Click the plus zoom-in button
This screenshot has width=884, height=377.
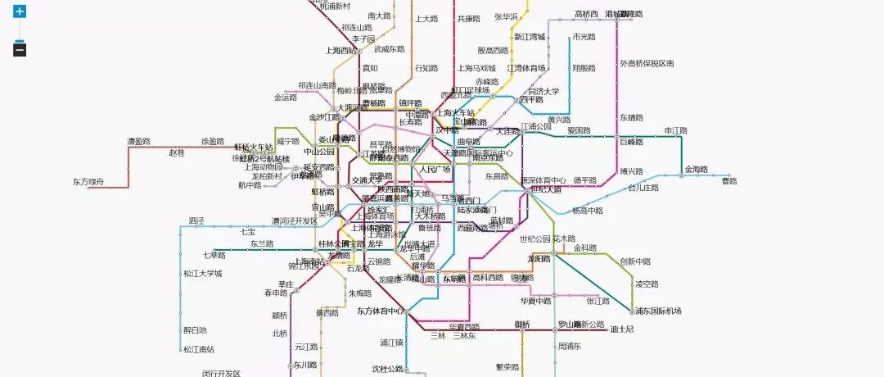(x=20, y=12)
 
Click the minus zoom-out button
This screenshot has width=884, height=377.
(x=20, y=50)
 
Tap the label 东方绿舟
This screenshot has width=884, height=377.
(x=88, y=182)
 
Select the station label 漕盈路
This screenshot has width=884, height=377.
(x=138, y=142)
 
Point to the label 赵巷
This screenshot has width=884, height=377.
(x=177, y=152)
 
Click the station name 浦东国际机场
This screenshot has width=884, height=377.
(x=657, y=311)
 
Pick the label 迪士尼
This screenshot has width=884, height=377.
(x=622, y=329)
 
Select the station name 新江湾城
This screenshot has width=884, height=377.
(x=530, y=37)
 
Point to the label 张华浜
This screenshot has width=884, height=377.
(x=511, y=17)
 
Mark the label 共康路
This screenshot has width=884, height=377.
(x=469, y=19)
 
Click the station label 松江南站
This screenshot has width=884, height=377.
(x=198, y=350)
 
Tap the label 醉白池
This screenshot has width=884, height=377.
(x=195, y=329)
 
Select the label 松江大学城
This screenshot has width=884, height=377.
(x=202, y=273)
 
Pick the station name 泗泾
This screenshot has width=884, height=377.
(x=195, y=220)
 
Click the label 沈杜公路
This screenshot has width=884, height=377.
(x=388, y=369)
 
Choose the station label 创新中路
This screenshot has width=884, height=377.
(x=635, y=262)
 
